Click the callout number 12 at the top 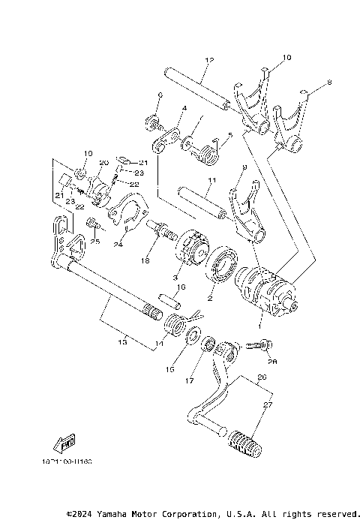(x=209, y=59)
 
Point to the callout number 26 (x=261, y=377)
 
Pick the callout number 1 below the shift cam (x=260, y=327)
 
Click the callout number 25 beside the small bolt (x=95, y=242)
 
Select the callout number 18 (x=145, y=260)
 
